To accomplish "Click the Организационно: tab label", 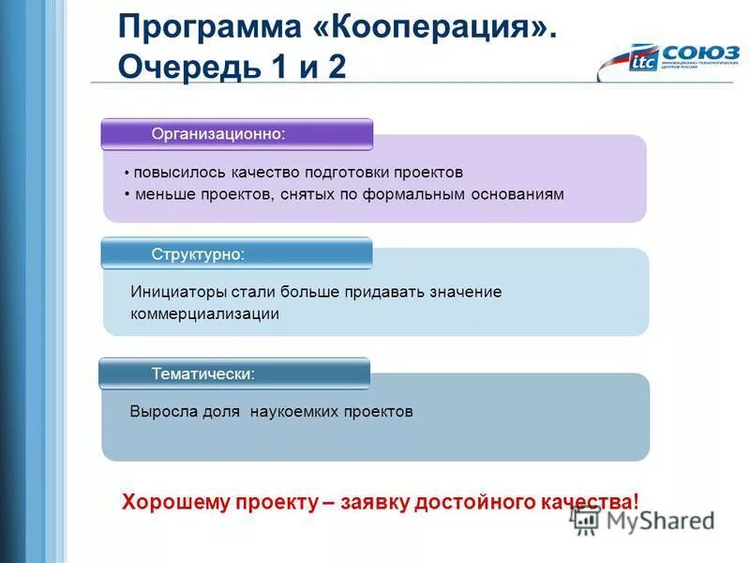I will pyautogui.click(x=218, y=134).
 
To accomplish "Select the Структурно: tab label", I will pyautogui.click(x=199, y=253).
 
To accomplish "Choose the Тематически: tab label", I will pyautogui.click(x=203, y=373).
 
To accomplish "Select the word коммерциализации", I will pyautogui.click(x=205, y=314).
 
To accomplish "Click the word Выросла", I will pyautogui.click(x=163, y=412).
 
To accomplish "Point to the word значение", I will pyautogui.click(x=466, y=292).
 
